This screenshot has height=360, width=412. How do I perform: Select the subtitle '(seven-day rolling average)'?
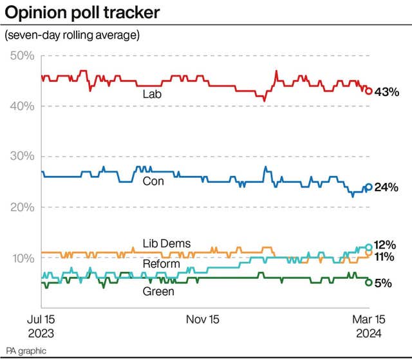(72, 35)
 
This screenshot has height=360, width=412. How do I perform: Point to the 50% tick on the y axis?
(23, 56)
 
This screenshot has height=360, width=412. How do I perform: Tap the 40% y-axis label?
(23, 106)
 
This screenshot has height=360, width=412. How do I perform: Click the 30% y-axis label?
(23, 156)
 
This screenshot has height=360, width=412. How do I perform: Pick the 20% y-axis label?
(23, 207)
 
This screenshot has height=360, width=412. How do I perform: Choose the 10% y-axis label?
(23, 258)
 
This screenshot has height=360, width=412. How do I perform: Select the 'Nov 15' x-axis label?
(203, 319)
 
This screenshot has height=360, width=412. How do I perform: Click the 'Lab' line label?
(152, 94)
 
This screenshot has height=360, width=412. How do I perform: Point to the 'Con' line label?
(153, 182)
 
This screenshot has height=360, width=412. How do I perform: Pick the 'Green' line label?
(158, 291)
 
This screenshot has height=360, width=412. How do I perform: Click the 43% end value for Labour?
(388, 92)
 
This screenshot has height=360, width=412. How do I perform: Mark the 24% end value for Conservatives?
(388, 188)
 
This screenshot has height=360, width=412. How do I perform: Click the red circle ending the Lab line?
(369, 91)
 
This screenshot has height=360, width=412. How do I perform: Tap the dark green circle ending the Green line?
(369, 282)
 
